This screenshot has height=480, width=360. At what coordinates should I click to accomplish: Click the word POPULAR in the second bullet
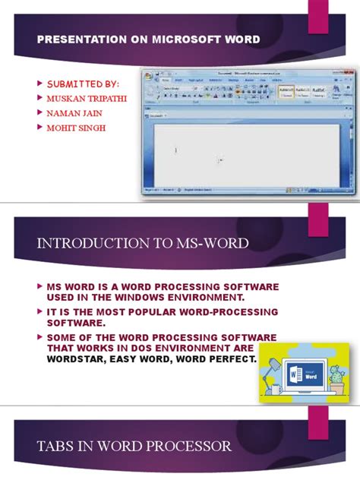[168, 312]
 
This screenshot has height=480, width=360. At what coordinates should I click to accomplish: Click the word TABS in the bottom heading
[55, 444]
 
